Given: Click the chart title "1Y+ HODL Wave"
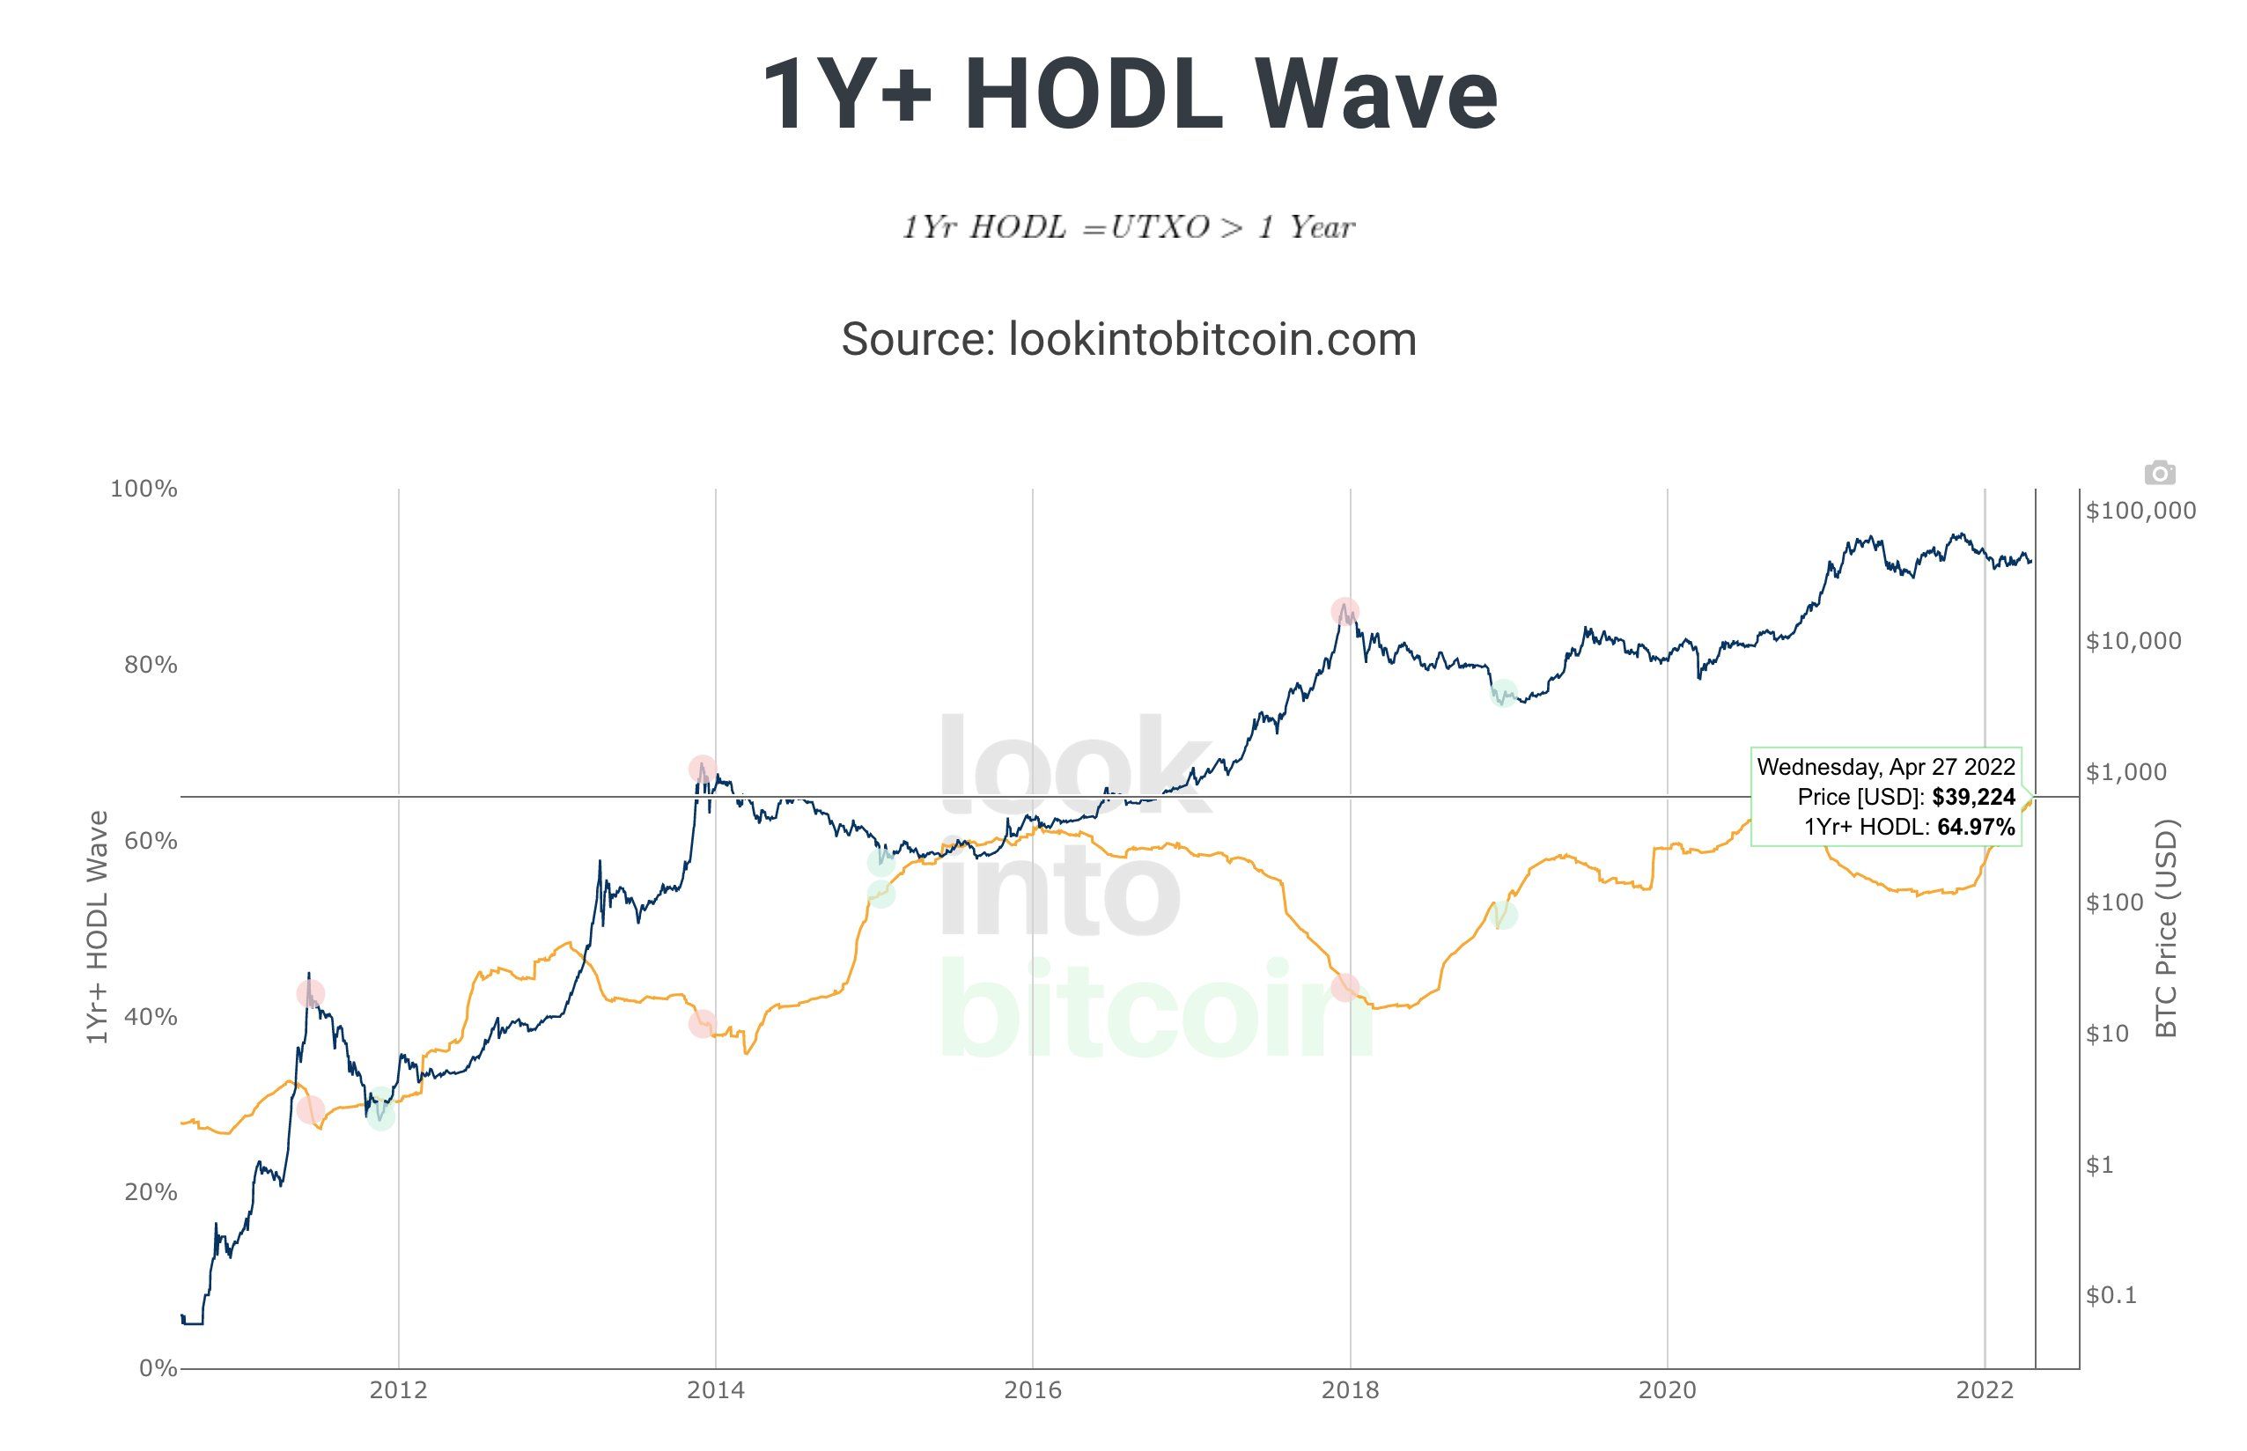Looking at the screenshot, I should (x=1129, y=95).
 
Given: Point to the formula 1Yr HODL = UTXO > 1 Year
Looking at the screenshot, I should (x=1129, y=227).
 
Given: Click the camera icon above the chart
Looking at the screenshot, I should (x=2159, y=472).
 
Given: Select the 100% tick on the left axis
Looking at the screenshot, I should (x=144, y=488).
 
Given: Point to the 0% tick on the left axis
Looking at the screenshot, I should (x=158, y=1367).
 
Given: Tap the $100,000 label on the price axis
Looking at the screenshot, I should (x=2140, y=511).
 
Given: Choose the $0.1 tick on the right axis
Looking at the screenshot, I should (x=2111, y=1295).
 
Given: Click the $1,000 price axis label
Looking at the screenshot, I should (x=2125, y=773).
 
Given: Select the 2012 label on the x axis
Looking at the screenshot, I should (x=398, y=1389).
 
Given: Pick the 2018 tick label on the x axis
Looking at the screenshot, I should (x=1349, y=1389).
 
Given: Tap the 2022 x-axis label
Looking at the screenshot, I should (x=1984, y=1389).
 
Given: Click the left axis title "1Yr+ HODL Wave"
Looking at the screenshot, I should (x=97, y=927).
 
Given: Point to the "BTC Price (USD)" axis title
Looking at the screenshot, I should (x=2167, y=928).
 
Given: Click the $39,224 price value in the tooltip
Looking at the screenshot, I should (x=1973, y=797).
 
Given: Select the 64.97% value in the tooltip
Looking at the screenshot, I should (x=1976, y=828).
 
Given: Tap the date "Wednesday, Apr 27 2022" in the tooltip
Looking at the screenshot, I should (x=1885, y=767).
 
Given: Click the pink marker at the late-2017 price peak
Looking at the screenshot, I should (x=1345, y=610).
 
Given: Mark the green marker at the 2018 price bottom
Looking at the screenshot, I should (x=1504, y=693).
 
